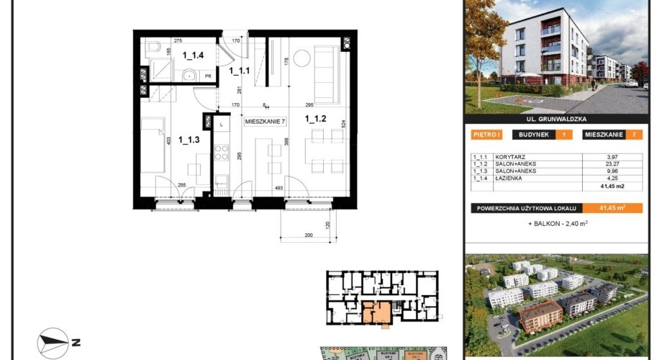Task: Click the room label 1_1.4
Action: pyautogui.click(x=194, y=55)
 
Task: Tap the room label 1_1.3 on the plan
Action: pyautogui.click(x=189, y=140)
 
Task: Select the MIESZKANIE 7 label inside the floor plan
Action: pyautogui.click(x=266, y=122)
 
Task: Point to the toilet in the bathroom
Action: pyautogui.click(x=153, y=49)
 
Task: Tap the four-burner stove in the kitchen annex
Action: pyautogui.click(x=220, y=154)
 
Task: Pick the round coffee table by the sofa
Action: pyautogui.click(x=302, y=55)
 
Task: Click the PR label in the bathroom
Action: pyautogui.click(x=207, y=75)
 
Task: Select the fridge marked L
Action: pyautogui.click(x=220, y=125)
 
